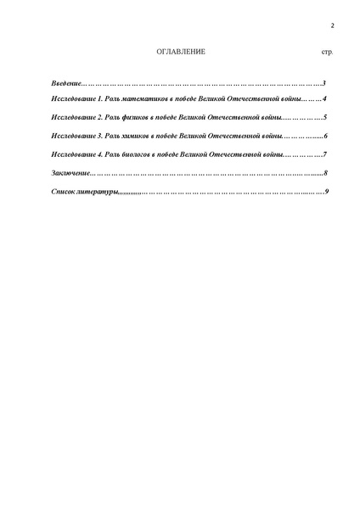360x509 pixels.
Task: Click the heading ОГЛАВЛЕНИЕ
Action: pyautogui.click(x=181, y=53)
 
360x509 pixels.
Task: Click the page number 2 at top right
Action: pyautogui.click(x=332, y=25)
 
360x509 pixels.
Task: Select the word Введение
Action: pyautogui.click(x=65, y=83)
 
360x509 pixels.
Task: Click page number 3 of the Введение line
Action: pyautogui.click(x=325, y=83)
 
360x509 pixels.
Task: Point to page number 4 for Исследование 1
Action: pyautogui.click(x=325, y=101)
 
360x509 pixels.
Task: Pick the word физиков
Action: pyautogui.click(x=128, y=119)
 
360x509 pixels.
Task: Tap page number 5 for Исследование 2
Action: pyautogui.click(x=325, y=119)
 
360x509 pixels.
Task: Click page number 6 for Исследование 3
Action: pyautogui.click(x=325, y=137)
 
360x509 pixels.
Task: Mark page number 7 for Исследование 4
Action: pyautogui.click(x=325, y=154)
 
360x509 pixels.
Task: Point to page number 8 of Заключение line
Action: pyautogui.click(x=325, y=173)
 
